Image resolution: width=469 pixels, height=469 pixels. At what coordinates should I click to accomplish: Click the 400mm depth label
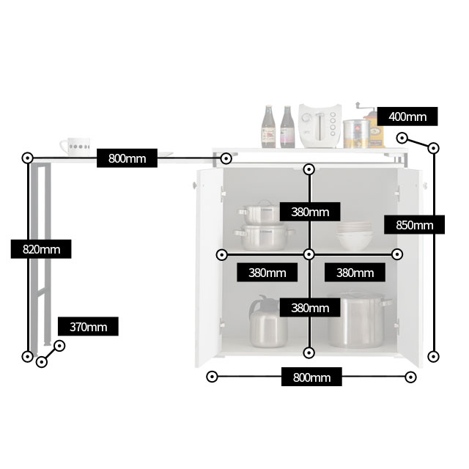(x=407, y=117)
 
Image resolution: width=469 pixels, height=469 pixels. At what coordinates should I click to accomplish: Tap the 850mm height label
(x=414, y=225)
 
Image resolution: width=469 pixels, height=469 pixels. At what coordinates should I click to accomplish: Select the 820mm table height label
(x=41, y=249)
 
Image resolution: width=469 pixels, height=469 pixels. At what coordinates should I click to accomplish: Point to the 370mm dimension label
(x=88, y=326)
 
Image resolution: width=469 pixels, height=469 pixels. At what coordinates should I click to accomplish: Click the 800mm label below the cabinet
(x=311, y=377)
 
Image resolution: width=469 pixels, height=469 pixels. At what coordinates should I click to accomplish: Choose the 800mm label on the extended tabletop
(x=127, y=158)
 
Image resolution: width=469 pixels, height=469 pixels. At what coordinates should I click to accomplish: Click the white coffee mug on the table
(x=75, y=147)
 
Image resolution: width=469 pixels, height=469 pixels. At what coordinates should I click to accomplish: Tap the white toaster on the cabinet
(x=320, y=126)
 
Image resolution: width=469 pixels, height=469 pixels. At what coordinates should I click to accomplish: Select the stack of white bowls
(x=355, y=236)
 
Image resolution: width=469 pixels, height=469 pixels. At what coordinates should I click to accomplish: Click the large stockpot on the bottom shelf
(x=358, y=320)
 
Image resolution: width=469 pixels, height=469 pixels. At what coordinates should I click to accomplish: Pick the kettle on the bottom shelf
(x=267, y=322)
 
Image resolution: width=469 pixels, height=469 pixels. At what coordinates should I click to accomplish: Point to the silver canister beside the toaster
(x=356, y=133)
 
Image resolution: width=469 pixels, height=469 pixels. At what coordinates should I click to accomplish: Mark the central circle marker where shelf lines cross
(x=309, y=254)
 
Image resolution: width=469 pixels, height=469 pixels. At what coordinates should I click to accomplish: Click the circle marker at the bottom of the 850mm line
(x=433, y=356)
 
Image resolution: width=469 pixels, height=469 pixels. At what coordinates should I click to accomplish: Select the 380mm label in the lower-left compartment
(x=267, y=272)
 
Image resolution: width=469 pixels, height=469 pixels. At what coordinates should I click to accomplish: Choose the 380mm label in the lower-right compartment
(x=355, y=272)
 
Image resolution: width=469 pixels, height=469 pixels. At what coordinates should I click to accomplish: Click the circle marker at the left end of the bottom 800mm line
(x=212, y=377)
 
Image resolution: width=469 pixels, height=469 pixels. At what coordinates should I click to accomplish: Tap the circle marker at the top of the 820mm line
(x=28, y=158)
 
